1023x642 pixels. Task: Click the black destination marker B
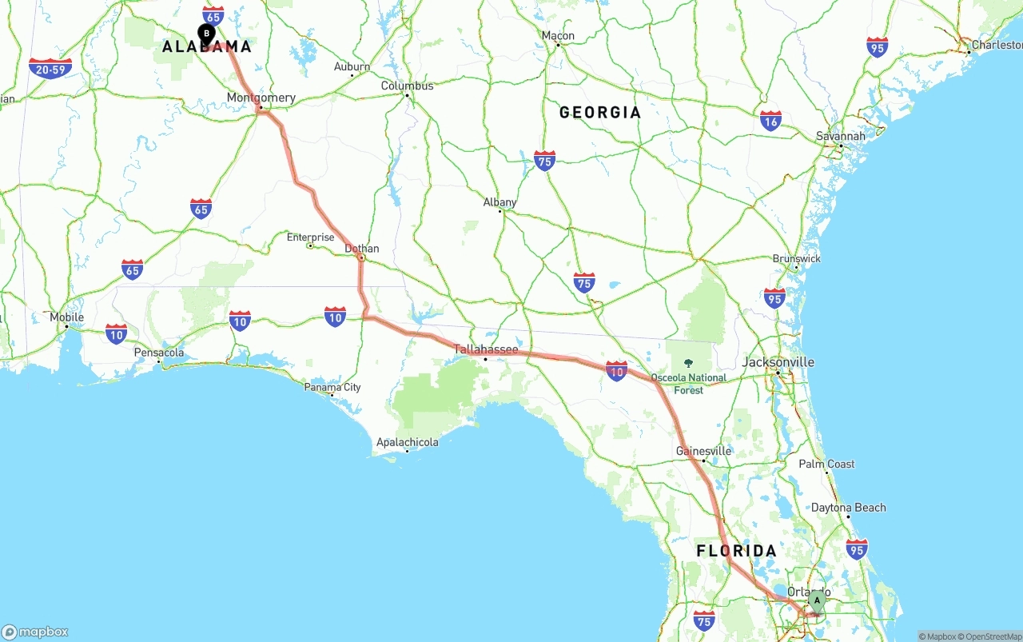tap(206, 34)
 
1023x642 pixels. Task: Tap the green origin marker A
tap(816, 600)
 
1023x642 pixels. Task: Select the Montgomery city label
tap(261, 98)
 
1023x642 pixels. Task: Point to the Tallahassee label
tap(486, 349)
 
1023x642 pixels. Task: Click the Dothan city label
tap(362, 249)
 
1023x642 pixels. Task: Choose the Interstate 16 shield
tap(770, 121)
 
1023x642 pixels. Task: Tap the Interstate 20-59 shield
tap(50, 69)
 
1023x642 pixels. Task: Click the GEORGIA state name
tap(600, 113)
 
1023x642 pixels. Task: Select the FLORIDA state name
tap(736, 551)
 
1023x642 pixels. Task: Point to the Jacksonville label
tap(778, 362)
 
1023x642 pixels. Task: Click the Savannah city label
tap(840, 137)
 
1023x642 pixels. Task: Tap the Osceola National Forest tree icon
tap(689, 364)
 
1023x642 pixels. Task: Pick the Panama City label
tap(332, 388)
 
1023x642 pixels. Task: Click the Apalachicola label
tap(408, 442)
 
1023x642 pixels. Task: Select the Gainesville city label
tap(703, 451)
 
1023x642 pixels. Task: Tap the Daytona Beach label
tap(848, 508)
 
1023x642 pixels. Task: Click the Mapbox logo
tap(35, 632)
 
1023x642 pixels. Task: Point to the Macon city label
tap(558, 36)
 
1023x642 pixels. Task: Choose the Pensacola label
tap(159, 353)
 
